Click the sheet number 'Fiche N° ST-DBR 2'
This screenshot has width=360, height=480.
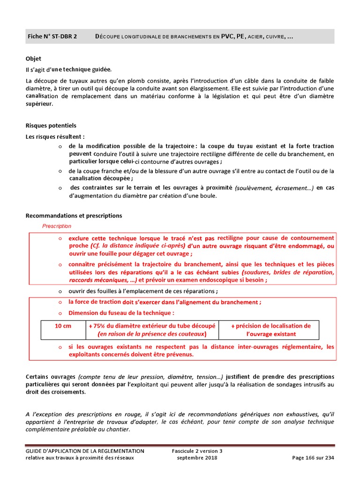coord(52,37)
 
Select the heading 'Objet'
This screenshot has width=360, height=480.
coord(33,59)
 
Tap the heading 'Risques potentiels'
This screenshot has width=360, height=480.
coord(51,126)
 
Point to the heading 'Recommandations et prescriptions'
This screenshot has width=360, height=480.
coord(74,216)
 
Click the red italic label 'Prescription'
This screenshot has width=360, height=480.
coord(57,226)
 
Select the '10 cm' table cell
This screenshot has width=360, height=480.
coord(63,326)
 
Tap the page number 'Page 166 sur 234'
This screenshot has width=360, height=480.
coord(313,458)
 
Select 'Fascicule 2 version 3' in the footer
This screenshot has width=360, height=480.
coord(197,451)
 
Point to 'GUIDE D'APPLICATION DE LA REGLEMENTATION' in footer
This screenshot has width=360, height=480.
coord(85,451)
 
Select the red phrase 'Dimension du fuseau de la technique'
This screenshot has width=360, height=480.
coord(121,313)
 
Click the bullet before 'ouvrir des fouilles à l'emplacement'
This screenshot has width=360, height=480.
coord(60,291)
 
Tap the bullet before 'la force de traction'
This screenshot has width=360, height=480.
coord(60,302)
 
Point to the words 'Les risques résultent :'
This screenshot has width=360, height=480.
coord(55,137)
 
